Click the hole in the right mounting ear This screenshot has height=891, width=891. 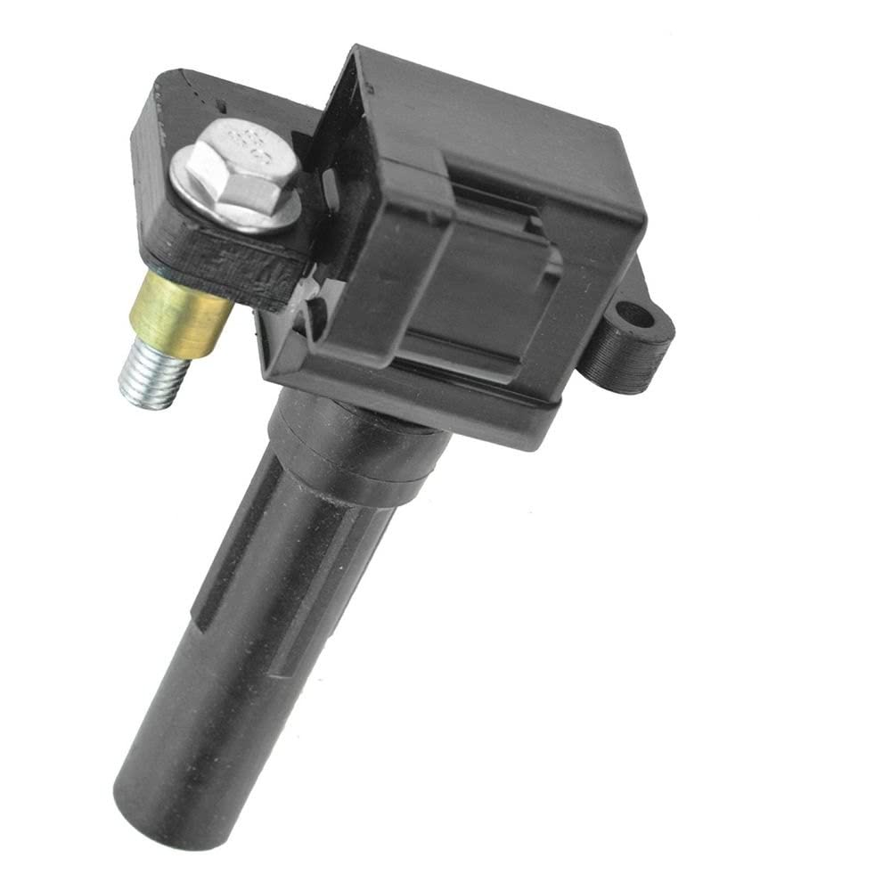pos(634,315)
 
